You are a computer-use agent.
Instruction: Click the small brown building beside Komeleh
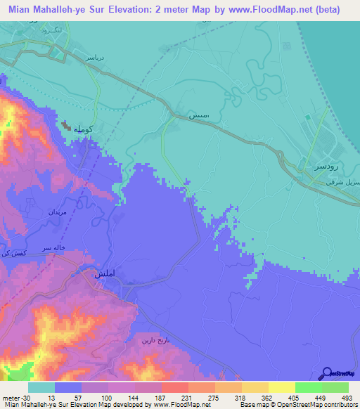pyautogui.click(x=66, y=126)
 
